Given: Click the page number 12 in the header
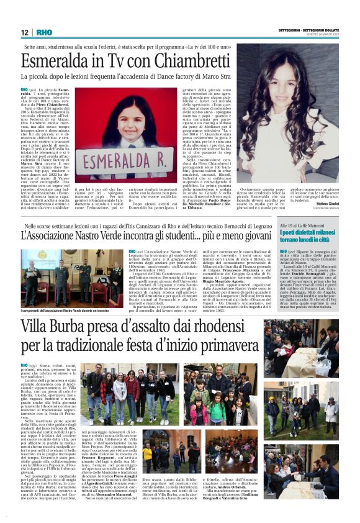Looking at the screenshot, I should coord(24,32).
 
